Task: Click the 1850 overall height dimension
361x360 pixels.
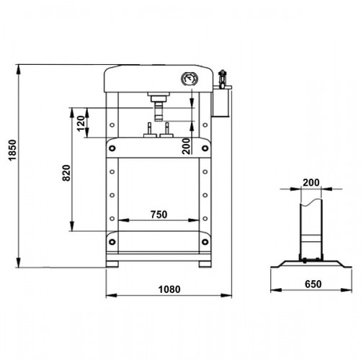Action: click(x=12, y=150)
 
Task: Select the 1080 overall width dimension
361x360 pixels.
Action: click(x=169, y=289)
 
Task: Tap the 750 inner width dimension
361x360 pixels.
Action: click(x=159, y=215)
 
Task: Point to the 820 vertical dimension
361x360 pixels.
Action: click(x=66, y=173)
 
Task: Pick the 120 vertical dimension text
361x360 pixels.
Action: click(x=81, y=123)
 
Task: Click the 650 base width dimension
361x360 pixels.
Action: click(x=313, y=284)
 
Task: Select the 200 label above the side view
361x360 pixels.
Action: click(x=311, y=183)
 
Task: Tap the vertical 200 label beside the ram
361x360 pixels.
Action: click(x=186, y=146)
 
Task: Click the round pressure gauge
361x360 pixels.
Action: click(x=190, y=79)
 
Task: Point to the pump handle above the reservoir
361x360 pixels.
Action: click(x=223, y=78)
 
